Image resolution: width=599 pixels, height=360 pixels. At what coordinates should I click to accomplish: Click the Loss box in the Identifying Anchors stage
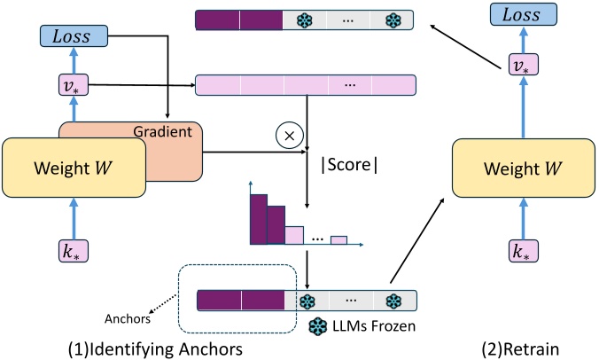74,36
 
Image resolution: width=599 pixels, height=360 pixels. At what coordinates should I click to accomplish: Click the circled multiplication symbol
287,136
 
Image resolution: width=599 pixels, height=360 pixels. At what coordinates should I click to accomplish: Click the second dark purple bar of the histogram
276,227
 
